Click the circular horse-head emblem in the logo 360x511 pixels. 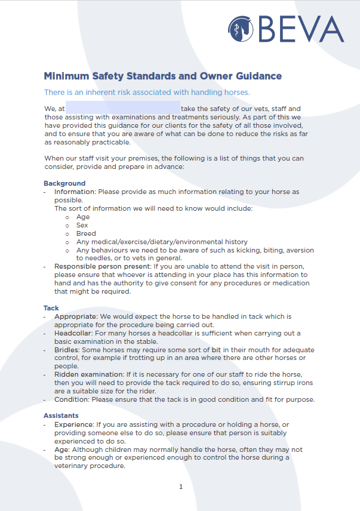tap(241, 29)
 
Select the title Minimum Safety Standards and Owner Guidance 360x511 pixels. tap(162, 76)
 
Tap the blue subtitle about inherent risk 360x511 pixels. tap(147, 93)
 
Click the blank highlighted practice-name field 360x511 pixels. tap(122, 109)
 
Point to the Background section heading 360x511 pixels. tap(64, 183)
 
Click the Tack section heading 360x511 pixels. tap(51, 308)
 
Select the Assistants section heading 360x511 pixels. tap(61, 415)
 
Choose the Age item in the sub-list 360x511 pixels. tap(83, 217)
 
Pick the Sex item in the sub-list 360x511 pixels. tap(82, 226)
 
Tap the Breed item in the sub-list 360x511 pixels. tap(86, 234)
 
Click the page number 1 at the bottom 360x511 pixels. tap(181, 487)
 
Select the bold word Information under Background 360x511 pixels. tap(75, 192)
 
